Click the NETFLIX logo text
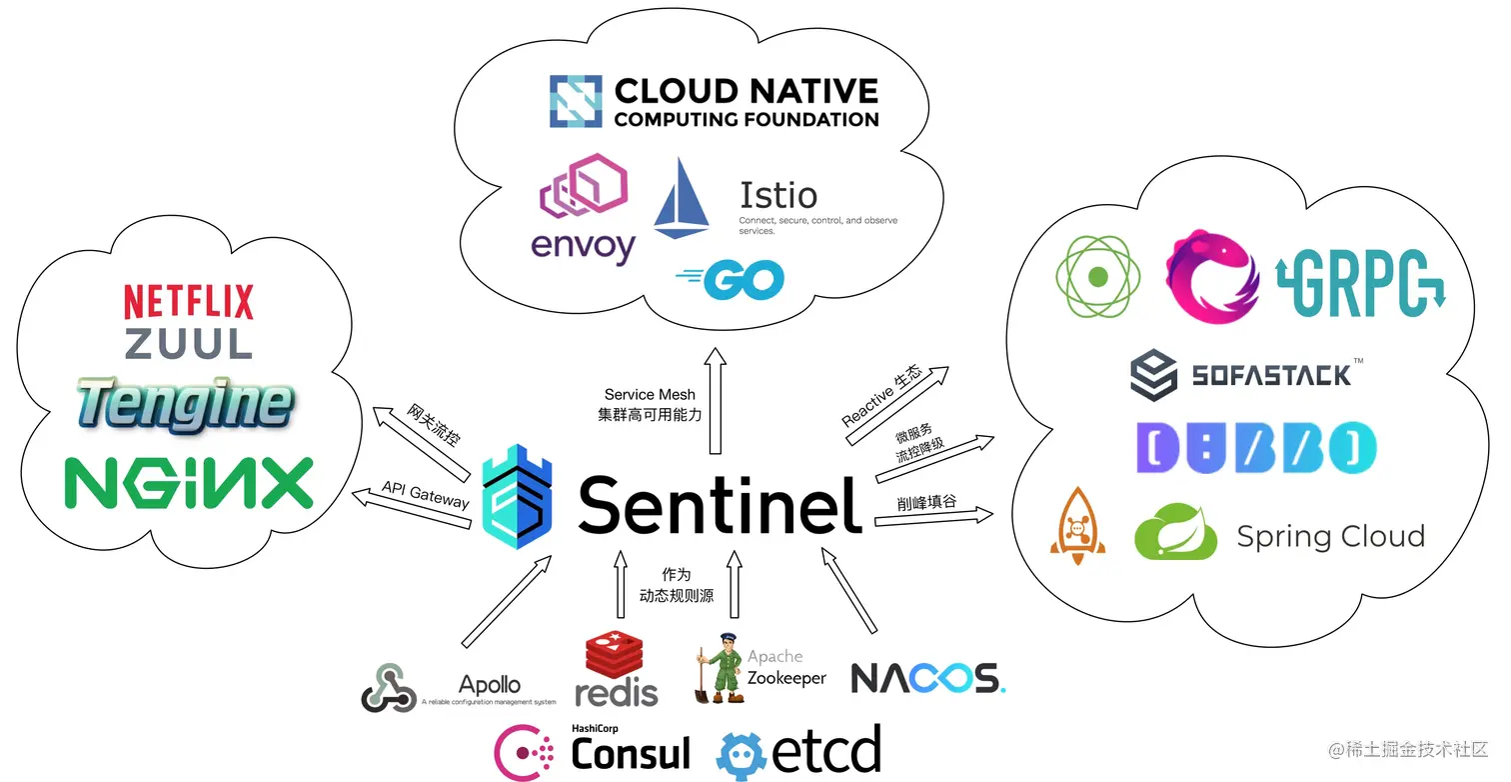point(188,302)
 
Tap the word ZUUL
point(188,344)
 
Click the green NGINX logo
point(189,483)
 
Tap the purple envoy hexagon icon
point(583,186)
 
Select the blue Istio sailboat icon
point(682,197)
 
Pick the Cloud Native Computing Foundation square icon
point(576,101)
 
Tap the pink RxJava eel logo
point(1212,276)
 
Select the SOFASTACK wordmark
point(1271,376)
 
